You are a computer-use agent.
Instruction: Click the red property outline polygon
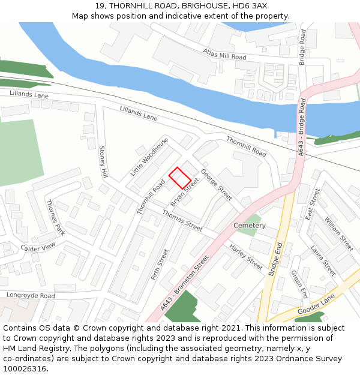tap(179, 178)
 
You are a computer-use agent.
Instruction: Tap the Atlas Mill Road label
tap(224, 54)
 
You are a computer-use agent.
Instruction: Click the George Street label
tap(216, 185)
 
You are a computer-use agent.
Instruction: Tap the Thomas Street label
tap(182, 221)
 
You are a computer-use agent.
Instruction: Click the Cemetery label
tap(250, 226)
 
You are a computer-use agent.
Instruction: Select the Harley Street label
tap(245, 256)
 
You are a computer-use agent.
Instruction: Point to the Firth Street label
tap(160, 266)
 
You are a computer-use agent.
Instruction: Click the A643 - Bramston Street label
tap(185, 283)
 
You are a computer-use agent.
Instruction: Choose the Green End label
tap(299, 284)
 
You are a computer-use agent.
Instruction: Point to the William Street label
tap(339, 234)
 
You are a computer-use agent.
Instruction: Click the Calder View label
tap(37, 247)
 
